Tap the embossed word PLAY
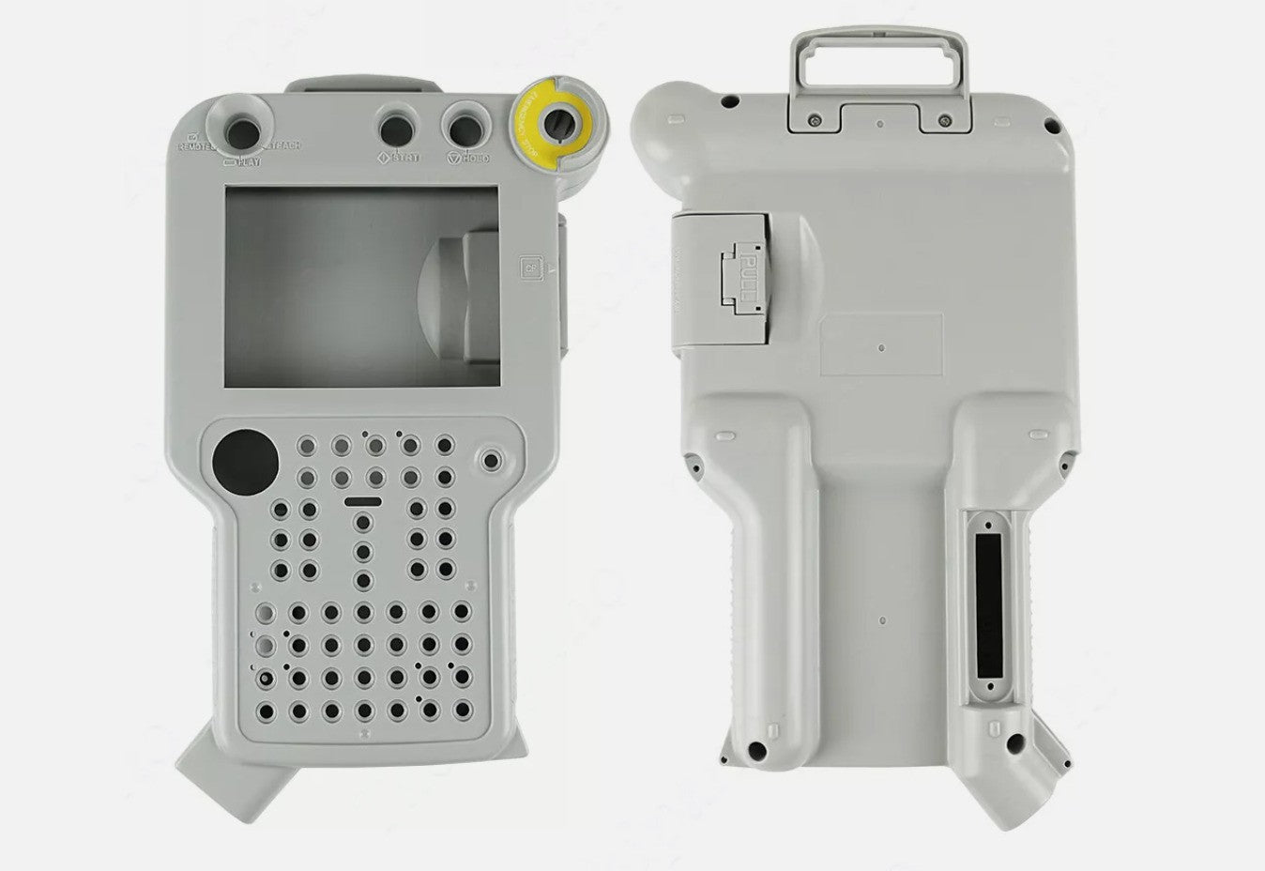click(x=246, y=161)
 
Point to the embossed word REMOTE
click(x=195, y=147)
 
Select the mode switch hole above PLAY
click(x=243, y=128)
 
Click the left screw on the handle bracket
click(x=813, y=119)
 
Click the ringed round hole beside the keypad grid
click(x=489, y=461)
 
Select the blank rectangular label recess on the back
click(x=880, y=344)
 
